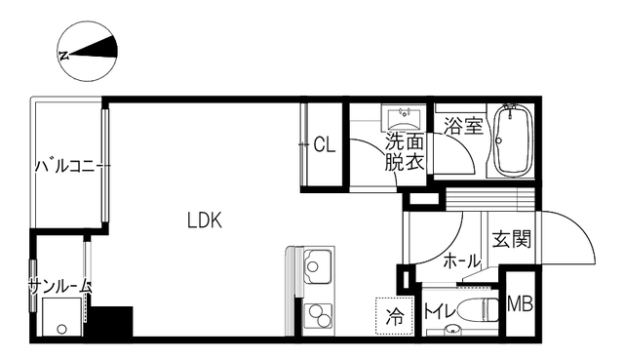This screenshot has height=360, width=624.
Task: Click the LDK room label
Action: (205, 220)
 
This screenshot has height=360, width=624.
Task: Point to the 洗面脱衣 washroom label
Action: (404, 153)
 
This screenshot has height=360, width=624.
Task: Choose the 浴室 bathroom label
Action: (463, 126)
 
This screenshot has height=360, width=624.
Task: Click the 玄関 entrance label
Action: (511, 239)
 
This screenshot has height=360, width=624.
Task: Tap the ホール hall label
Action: (461, 261)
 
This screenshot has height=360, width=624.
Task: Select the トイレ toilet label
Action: (435, 313)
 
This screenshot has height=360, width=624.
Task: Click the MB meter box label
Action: (520, 304)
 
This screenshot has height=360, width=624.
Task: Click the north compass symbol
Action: (88, 51)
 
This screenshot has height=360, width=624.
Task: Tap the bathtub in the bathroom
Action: (511, 141)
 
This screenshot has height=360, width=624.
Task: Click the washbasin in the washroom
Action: (402, 120)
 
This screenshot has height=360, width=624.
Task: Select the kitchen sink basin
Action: (318, 264)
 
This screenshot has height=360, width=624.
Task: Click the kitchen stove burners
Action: (318, 314)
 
